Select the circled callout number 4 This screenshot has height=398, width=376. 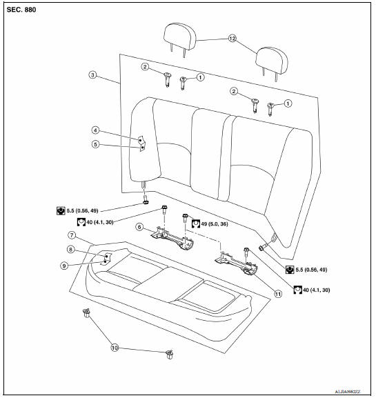96,130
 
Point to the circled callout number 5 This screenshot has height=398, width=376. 96,145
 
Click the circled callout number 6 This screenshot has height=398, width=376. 139,226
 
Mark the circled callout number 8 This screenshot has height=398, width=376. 89,249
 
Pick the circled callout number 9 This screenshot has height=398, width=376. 89,265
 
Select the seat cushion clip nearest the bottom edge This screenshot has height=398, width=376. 169,355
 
